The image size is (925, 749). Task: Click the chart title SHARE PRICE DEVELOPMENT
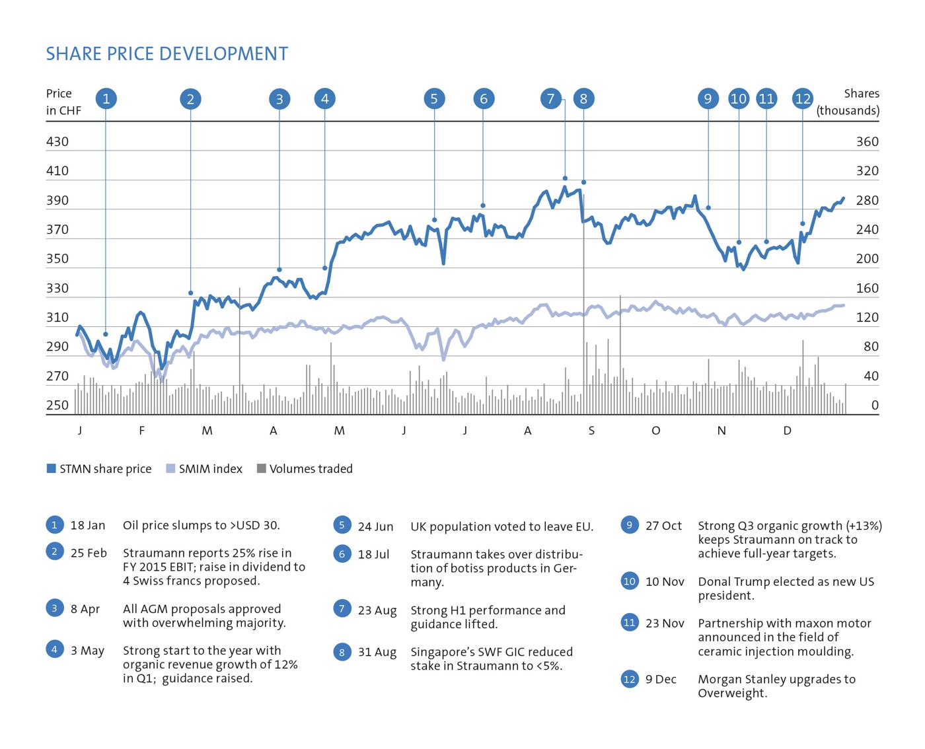tap(167, 54)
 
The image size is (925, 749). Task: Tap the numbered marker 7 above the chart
tap(550, 99)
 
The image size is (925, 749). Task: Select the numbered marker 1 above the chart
tap(106, 99)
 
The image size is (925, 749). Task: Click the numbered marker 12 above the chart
tap(803, 99)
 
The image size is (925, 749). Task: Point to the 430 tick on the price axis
tap(57, 141)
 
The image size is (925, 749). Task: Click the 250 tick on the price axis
tap(57, 405)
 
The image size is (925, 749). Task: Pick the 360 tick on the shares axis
tap(867, 141)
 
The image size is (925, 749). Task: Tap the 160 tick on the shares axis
tap(867, 288)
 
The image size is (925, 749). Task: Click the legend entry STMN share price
tap(105, 469)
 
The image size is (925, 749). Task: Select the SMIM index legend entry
tap(210, 469)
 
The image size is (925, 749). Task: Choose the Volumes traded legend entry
tap(311, 469)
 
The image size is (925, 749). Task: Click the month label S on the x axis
tap(591, 431)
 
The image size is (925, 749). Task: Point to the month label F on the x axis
tap(141, 431)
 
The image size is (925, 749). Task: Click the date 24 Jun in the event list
tap(375, 527)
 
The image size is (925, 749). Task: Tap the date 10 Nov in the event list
tap(665, 582)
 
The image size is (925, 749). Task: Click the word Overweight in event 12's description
tap(731, 694)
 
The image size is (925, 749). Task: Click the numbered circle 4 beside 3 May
tap(55, 649)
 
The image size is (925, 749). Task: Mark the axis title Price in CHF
tap(63, 102)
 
